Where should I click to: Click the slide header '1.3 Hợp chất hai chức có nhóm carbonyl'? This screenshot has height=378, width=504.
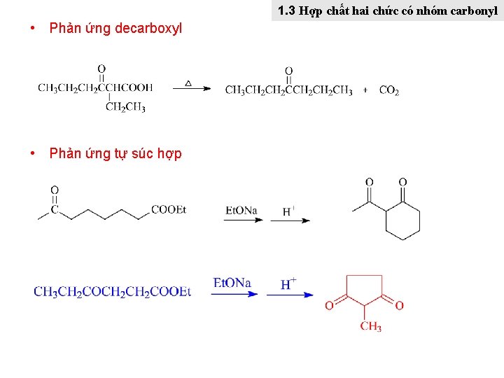coord(387,11)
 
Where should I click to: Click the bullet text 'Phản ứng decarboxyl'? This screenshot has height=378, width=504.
coord(115,29)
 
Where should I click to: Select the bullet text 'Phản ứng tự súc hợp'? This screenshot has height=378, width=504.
coord(115,154)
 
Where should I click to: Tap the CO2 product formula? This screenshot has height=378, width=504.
coord(389,90)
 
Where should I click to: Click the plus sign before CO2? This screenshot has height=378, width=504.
coord(365,90)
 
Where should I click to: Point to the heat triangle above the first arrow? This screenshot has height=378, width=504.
coord(188,83)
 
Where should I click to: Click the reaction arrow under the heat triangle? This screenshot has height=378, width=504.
coord(191,89)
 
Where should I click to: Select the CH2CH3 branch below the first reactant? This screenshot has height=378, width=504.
coord(126,107)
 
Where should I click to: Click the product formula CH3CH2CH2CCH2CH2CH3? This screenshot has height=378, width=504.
coord(288,90)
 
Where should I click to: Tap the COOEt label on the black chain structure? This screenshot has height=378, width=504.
coord(169,209)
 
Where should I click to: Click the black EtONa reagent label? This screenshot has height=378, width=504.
coord(241,210)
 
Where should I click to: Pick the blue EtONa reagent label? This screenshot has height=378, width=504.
coord(232,283)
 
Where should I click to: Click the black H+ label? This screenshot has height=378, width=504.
coord(288,211)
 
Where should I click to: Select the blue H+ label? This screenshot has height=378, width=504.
coord(288,283)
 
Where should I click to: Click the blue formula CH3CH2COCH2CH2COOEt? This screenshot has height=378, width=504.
coord(112,291)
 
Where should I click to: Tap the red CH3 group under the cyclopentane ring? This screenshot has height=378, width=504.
coord(370,327)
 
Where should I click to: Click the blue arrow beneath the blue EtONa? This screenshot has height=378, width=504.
coord(234,295)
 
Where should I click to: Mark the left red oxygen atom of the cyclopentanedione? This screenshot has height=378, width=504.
coord(329,305)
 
